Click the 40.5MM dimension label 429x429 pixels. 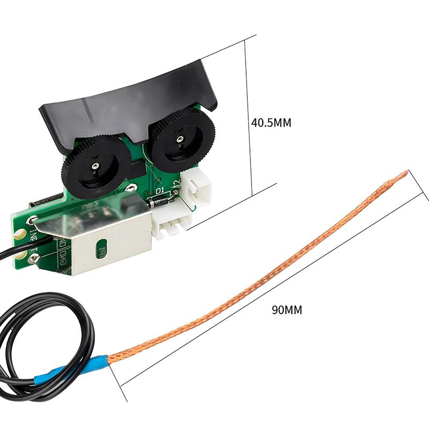(271, 123)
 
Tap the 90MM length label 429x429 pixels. (287, 310)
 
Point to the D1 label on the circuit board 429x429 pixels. (159, 190)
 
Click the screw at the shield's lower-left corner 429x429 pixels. (34, 260)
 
